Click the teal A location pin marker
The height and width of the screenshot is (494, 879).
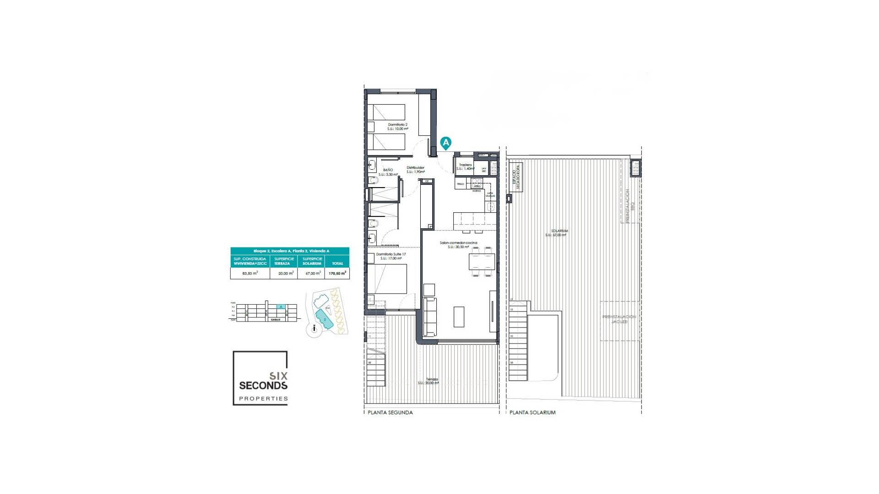point(445,143)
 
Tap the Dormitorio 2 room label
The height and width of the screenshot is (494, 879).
point(397,124)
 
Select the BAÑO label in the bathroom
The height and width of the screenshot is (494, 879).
point(388,170)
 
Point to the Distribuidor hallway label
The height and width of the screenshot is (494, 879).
point(415,168)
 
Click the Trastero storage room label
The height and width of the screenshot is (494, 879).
point(465,165)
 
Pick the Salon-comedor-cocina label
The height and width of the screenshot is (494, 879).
point(458,243)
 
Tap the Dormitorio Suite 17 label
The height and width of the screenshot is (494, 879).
point(391,254)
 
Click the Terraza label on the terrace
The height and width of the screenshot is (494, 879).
point(432,379)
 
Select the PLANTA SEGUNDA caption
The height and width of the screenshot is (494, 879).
point(390,413)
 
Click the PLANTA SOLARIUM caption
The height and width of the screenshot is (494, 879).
point(532,413)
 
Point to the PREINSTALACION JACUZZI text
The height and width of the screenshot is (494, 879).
point(619,319)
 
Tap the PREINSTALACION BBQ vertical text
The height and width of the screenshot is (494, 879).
point(628,206)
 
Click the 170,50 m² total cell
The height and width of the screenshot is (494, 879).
point(337,273)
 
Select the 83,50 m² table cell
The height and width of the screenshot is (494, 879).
point(250,273)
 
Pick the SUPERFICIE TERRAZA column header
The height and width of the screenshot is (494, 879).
point(284,261)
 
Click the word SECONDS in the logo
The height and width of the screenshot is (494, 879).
point(263,386)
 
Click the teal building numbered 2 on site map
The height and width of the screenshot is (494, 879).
point(325,318)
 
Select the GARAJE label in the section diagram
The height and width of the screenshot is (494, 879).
point(275,320)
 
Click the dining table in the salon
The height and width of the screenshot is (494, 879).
point(482,262)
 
